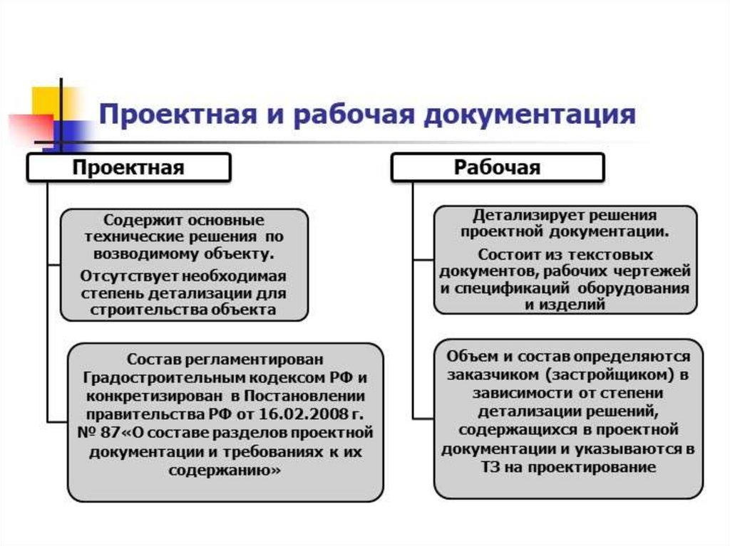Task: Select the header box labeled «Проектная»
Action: pyautogui.click(x=128, y=168)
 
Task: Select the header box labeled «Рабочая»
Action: pyautogui.click(x=497, y=168)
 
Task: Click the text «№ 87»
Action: pyautogui.click(x=88, y=433)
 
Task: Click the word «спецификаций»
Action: pyautogui.click(x=509, y=289)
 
